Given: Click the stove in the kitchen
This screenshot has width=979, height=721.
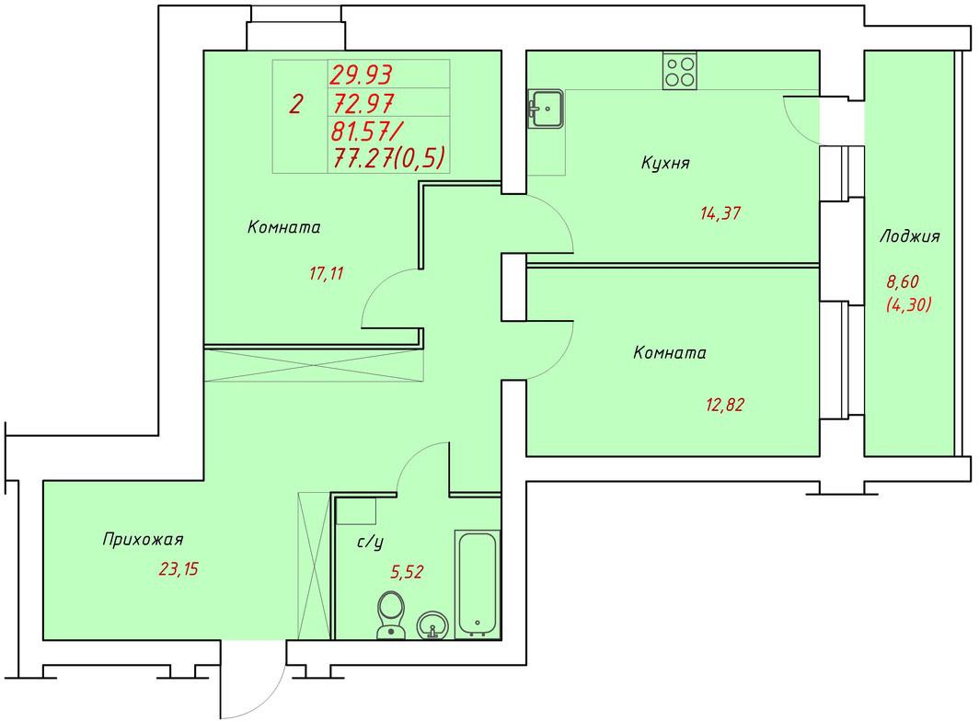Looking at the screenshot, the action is [x=680, y=71].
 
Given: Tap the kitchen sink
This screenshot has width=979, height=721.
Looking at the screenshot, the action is [x=547, y=109].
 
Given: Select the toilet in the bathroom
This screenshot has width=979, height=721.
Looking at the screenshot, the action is [x=391, y=615].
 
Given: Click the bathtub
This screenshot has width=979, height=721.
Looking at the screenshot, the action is [x=478, y=584].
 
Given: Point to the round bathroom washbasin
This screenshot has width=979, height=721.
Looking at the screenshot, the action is [x=432, y=624].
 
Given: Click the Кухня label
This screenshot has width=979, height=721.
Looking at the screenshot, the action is [x=665, y=163].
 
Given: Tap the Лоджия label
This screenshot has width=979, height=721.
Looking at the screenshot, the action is [x=910, y=236].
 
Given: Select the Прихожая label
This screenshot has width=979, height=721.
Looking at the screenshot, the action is [x=143, y=539].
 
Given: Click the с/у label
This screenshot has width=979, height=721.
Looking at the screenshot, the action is [x=370, y=542].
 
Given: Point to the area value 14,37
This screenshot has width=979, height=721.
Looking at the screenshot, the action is [x=720, y=213].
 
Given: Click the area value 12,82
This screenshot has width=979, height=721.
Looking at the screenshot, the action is [x=725, y=406].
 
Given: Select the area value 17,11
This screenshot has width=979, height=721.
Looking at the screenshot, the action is [x=326, y=273].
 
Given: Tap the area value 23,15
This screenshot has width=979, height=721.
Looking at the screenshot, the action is [x=179, y=569].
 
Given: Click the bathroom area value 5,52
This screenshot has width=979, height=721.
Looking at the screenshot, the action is [x=407, y=572].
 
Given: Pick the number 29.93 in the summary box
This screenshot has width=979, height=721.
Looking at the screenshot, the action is [x=361, y=74].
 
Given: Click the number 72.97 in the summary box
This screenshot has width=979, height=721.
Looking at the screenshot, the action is [x=363, y=102].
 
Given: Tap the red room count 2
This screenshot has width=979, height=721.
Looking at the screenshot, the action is [x=295, y=104].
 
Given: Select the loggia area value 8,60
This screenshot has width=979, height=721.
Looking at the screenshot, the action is [x=903, y=282].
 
